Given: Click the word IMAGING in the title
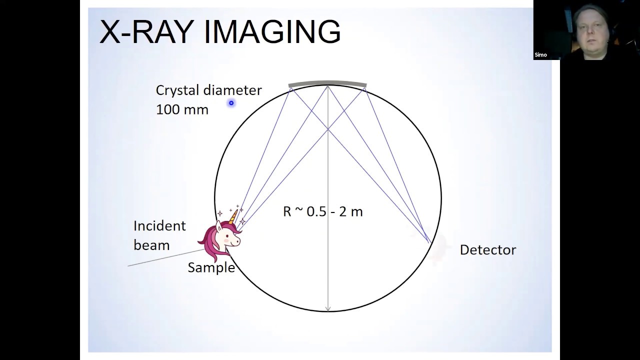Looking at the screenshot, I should (x=272, y=32).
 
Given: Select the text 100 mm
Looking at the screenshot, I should (x=182, y=109).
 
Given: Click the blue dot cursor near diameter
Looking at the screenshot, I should (x=231, y=103).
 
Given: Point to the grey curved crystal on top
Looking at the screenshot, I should (x=327, y=83).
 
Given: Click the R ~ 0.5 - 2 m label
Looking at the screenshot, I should (x=322, y=211).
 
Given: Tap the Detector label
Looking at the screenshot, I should (x=487, y=250).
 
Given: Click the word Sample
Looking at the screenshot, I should (x=211, y=267).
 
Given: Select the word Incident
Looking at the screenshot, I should (x=159, y=226).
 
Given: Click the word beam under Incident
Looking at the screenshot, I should (x=151, y=245).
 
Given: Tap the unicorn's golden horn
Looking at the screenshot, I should (x=233, y=216).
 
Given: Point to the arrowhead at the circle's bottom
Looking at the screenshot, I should (x=328, y=308).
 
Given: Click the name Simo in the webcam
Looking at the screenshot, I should (x=540, y=55).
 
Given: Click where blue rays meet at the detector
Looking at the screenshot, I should (x=430, y=243).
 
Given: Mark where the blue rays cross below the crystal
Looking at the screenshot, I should (x=328, y=129).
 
